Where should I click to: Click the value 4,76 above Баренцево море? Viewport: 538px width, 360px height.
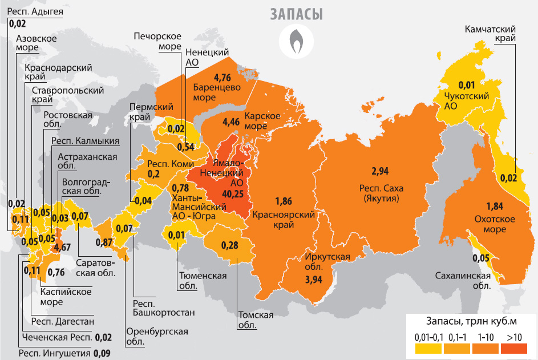coord(222,78)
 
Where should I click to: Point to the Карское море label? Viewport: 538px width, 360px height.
coord(262,120)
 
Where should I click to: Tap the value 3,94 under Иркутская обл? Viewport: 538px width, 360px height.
coord(314,280)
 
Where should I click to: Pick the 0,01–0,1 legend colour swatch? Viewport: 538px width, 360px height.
coord(428,348)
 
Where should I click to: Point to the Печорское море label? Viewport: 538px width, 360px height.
coord(158,41)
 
